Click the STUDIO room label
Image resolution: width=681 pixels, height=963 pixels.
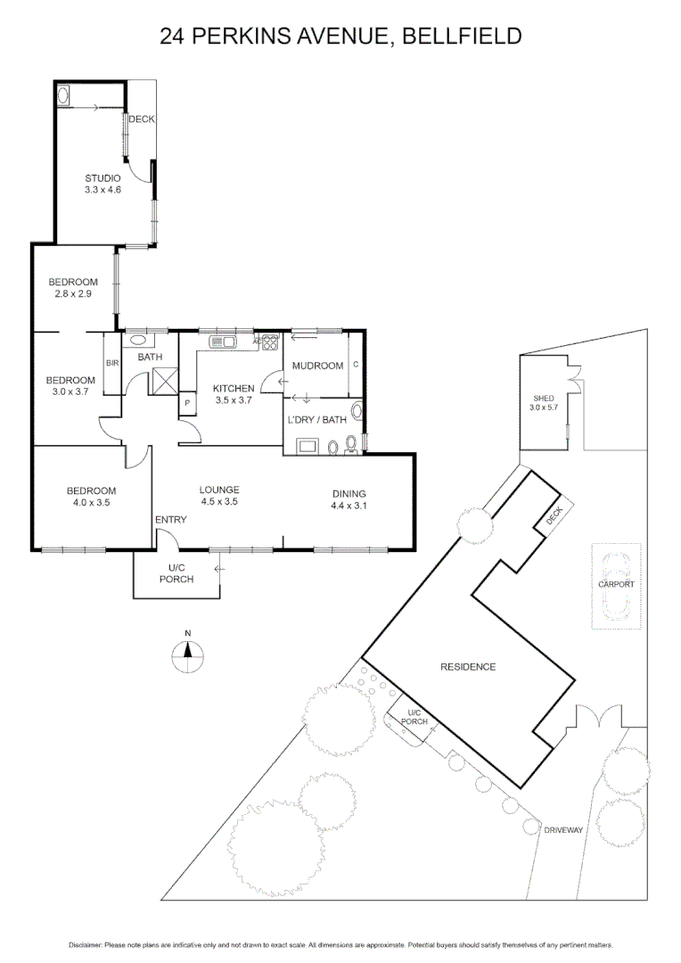pos(103,177)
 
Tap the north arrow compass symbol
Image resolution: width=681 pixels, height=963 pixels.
pos(187,656)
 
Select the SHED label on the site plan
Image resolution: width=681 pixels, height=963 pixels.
pos(544,398)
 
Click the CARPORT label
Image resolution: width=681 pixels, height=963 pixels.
pos(616,584)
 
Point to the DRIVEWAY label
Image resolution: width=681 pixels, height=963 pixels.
pos(563,830)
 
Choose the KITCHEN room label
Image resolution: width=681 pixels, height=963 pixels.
pos(234,388)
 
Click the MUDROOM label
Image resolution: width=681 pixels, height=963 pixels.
pos(318,366)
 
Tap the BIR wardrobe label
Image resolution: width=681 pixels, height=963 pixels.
pos(112,363)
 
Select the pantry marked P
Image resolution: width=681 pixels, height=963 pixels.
pos(188,403)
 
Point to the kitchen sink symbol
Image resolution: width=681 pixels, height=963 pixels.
pos(222,341)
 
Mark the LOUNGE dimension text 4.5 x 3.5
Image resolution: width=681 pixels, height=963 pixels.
pos(219,502)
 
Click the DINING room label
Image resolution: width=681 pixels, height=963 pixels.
pos(349,494)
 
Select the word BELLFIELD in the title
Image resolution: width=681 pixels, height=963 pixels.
pos(463,37)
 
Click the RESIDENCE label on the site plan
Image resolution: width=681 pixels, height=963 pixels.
pos(468,667)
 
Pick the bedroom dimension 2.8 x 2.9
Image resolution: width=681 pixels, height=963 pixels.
pos(73,294)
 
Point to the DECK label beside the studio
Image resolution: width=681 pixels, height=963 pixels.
pos(141,119)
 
